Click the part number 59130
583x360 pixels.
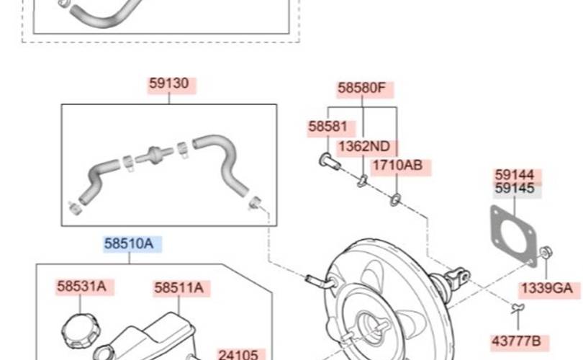(x=169, y=84)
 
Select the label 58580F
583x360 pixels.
(x=362, y=88)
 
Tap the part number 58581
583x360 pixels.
(x=327, y=127)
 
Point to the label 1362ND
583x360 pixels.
(x=364, y=146)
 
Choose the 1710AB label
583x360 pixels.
(x=397, y=165)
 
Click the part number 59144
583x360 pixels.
(x=515, y=174)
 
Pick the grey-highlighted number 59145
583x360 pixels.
(x=515, y=188)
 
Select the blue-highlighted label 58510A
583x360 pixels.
(x=129, y=244)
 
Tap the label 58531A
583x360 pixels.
(x=81, y=287)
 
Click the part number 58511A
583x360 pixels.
(x=178, y=288)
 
